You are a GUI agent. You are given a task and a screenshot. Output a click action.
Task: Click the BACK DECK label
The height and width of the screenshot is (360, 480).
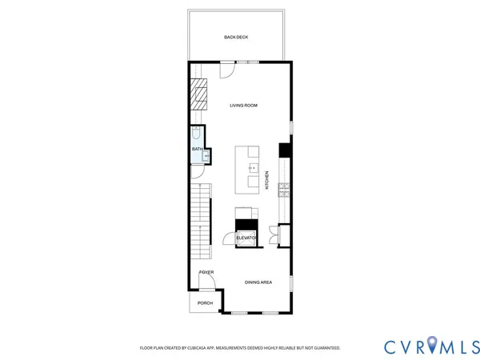[x=236, y=38]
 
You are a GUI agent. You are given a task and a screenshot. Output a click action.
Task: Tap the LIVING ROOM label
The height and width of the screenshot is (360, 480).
[x=243, y=105]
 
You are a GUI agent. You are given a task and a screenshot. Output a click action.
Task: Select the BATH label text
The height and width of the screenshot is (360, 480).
[x=196, y=149]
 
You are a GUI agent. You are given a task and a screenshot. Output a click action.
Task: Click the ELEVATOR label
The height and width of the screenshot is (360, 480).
[x=246, y=238]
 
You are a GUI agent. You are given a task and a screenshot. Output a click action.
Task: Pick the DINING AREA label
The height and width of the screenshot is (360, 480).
[x=258, y=282]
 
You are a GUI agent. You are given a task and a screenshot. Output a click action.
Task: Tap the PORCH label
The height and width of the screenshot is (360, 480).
[x=206, y=303]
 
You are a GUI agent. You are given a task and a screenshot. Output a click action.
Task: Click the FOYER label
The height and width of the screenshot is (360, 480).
[x=206, y=272]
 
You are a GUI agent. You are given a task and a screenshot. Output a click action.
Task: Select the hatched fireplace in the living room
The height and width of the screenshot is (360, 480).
[x=198, y=94]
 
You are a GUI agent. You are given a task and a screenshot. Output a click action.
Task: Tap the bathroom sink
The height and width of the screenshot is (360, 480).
[x=206, y=155]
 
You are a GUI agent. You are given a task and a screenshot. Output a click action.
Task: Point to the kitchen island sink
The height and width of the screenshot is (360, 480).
[x=253, y=168]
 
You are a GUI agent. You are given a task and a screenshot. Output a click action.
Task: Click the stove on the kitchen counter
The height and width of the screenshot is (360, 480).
[x=283, y=190]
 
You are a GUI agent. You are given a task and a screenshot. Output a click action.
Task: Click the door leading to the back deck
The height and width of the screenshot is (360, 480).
[x=227, y=70]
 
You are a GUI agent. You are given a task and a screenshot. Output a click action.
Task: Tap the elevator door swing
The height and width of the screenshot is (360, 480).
[x=230, y=238]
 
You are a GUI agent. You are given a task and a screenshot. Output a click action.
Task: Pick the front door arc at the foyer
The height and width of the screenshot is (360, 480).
[x=206, y=281]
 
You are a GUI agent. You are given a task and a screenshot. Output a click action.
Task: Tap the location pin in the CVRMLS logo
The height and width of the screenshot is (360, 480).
[x=431, y=345]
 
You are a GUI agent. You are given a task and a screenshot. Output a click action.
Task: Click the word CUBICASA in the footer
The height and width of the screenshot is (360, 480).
[x=198, y=348]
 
